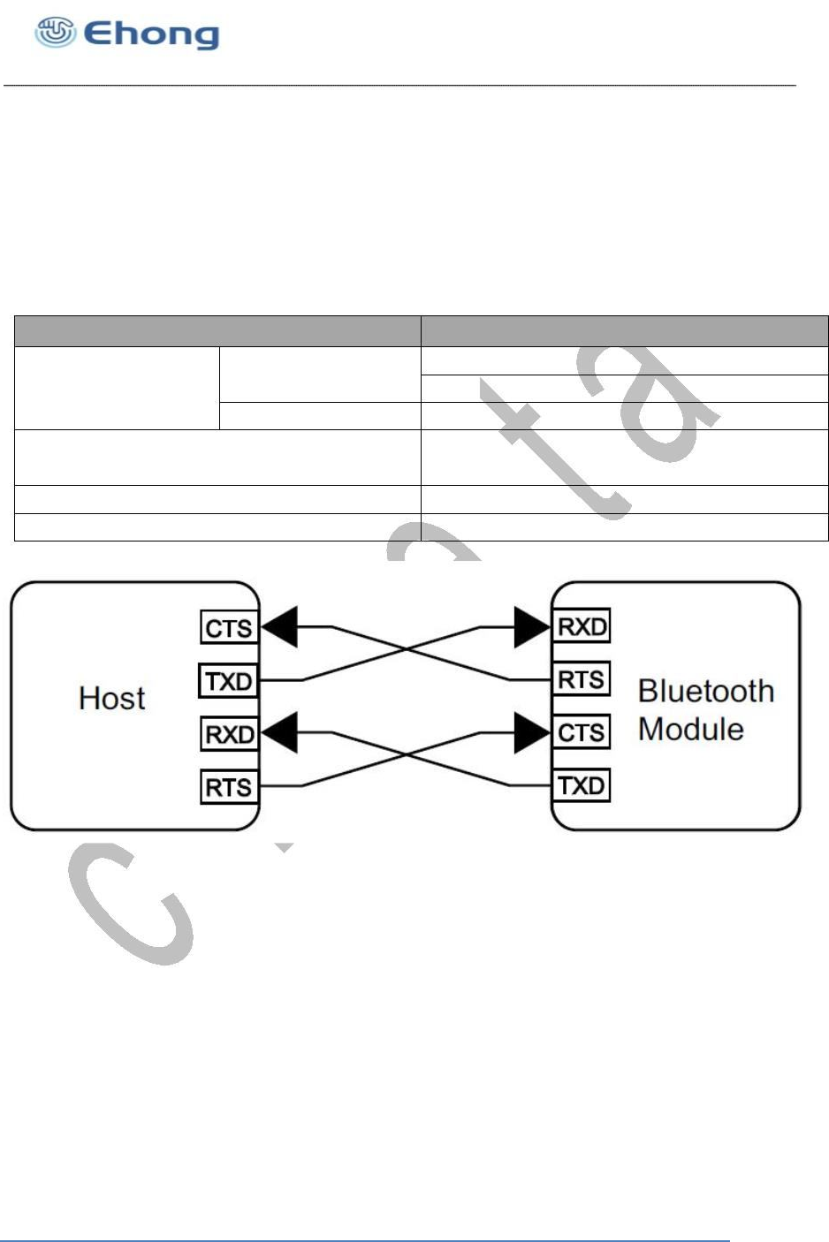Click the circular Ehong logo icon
coord(55,33)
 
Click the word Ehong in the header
coord(151,34)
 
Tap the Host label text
coord(111,699)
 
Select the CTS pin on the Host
coord(229,629)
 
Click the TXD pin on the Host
coord(229,682)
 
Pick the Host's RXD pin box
coord(229,735)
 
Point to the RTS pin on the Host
coord(229,787)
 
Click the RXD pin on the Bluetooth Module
coord(582,627)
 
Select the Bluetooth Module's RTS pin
coord(582,680)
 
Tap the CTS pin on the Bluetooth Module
coord(582,732)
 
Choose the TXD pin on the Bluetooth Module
coord(582,785)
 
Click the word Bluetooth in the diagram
coord(705,691)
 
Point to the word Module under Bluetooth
coord(690,730)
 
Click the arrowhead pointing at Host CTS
coord(279,627)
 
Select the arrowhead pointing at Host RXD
coord(279,734)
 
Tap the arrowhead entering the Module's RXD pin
coord(532,627)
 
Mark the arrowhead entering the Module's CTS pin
coord(532,732)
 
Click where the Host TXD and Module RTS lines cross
coord(406,653)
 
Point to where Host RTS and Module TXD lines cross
coord(406,758)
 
